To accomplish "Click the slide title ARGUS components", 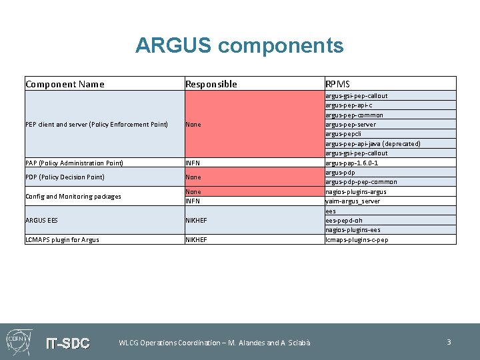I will [239, 45].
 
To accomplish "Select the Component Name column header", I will [65, 84].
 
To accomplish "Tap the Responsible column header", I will [211, 84].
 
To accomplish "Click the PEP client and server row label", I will [97, 125].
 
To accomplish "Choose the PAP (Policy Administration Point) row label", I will [74, 163].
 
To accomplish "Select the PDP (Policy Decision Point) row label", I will [65, 177].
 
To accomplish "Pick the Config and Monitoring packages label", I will [73, 197].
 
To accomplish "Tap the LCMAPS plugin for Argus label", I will [62, 240].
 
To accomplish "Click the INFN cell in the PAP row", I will [193, 163].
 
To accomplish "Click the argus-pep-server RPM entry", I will [350, 125].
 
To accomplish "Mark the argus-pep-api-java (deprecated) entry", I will [373, 144].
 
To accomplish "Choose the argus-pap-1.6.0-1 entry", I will [351, 163].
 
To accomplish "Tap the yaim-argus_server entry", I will [352, 201].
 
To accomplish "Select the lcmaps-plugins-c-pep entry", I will [357, 240].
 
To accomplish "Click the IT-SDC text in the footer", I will [67, 343].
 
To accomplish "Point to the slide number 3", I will [449, 342].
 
